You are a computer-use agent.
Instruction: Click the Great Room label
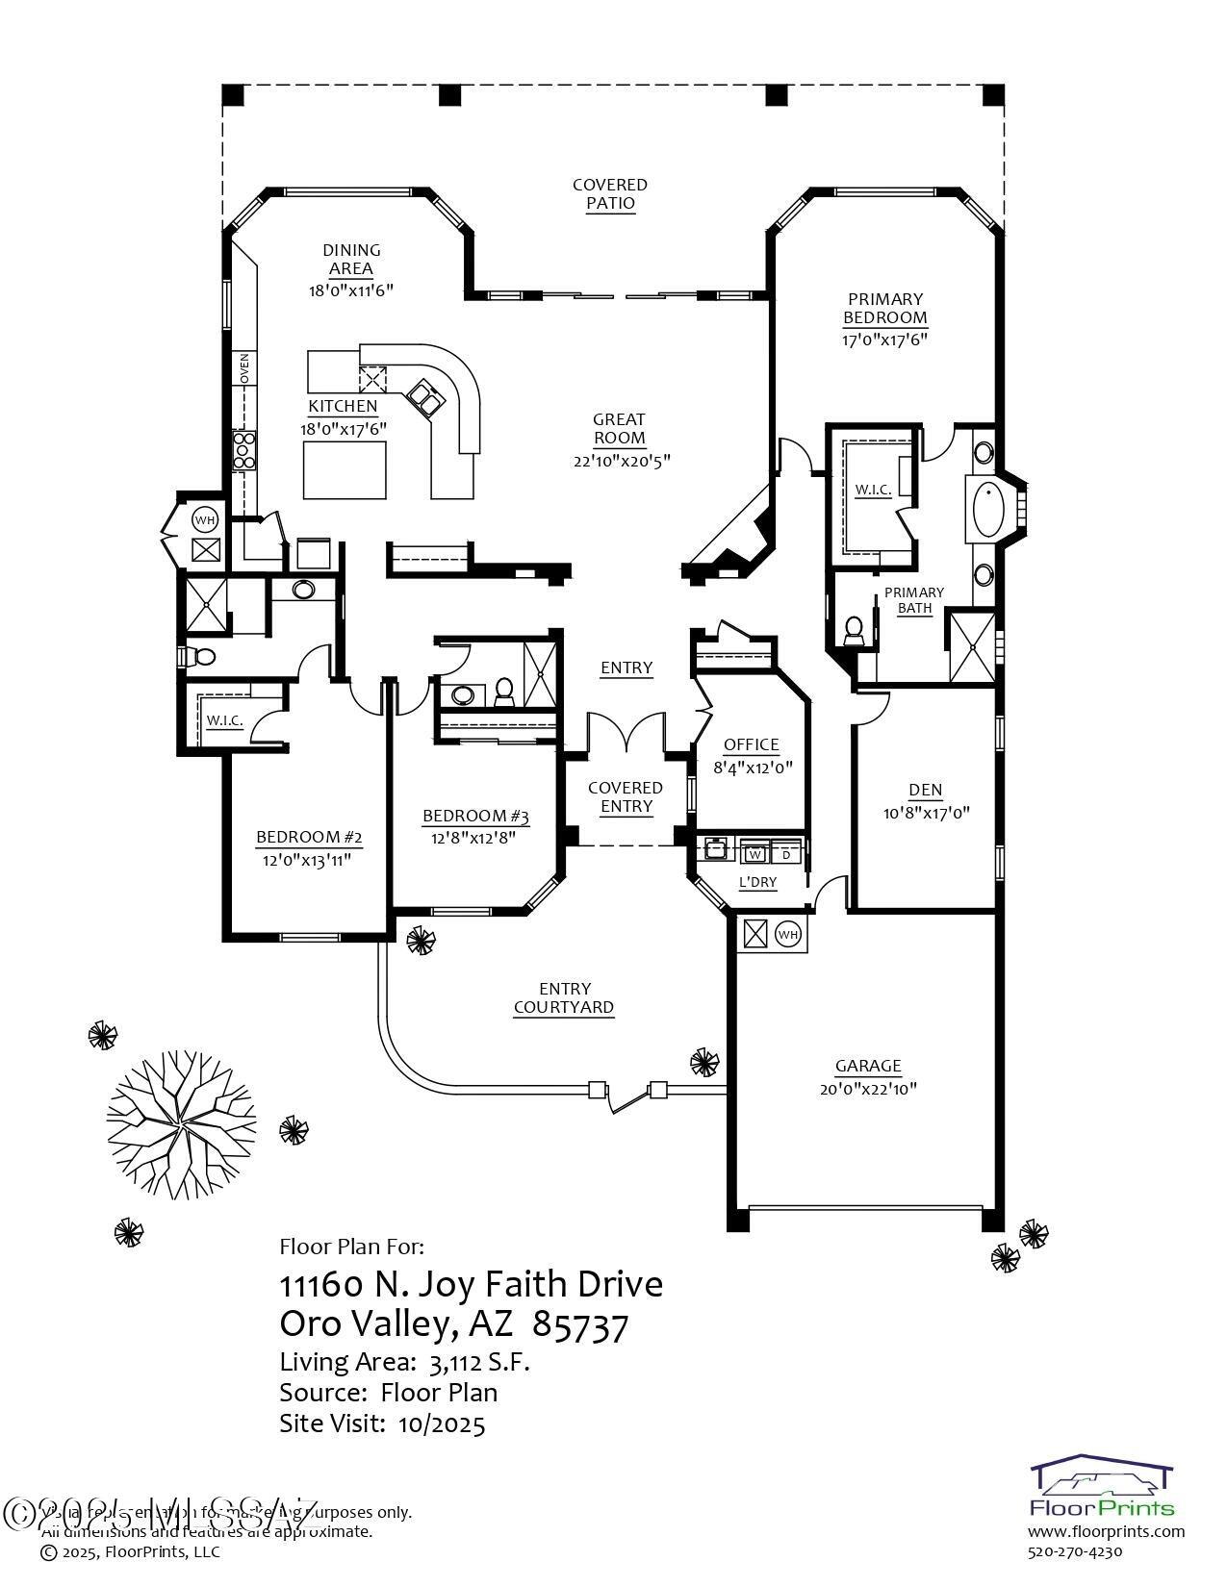(x=619, y=429)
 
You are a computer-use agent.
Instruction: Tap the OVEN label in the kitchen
(x=244, y=368)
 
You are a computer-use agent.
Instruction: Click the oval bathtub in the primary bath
(x=988, y=510)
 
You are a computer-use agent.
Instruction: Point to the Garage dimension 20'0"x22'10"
(x=868, y=1089)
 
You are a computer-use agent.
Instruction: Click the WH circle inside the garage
(x=787, y=934)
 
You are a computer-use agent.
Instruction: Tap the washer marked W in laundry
(x=755, y=853)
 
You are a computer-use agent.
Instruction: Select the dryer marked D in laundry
(x=785, y=853)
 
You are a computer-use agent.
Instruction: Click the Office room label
(x=751, y=744)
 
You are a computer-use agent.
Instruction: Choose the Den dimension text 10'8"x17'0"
(x=925, y=812)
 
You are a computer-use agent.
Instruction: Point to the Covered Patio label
(x=610, y=193)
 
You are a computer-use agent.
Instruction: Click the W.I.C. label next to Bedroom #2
(x=223, y=720)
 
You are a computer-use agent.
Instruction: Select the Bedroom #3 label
(x=475, y=817)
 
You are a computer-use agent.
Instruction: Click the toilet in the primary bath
(x=853, y=631)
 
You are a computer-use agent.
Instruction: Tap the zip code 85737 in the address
(x=579, y=1325)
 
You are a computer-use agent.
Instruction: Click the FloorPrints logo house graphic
(x=1102, y=1482)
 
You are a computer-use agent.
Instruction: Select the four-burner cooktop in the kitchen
(x=244, y=449)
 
